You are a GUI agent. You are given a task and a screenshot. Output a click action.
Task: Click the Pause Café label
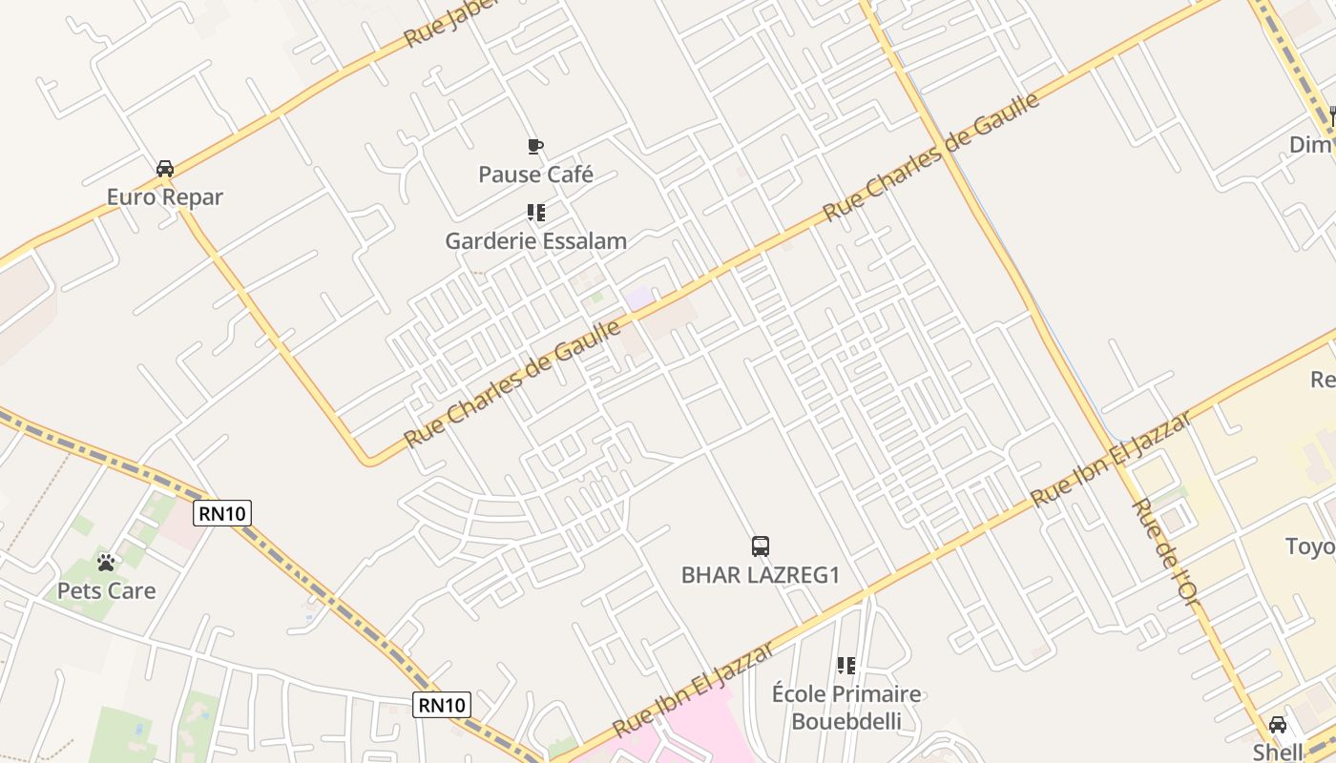[535, 175]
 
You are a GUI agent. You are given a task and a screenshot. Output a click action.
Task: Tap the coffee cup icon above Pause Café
[535, 146]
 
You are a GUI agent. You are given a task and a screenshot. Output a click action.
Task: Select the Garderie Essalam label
[535, 240]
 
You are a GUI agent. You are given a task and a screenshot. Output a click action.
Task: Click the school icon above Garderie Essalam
[535, 212]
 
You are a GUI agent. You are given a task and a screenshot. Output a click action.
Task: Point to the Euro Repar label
[164, 197]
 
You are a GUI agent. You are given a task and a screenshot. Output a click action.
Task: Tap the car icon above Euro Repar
[164, 169]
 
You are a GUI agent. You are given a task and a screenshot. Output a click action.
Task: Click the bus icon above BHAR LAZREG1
[760, 546]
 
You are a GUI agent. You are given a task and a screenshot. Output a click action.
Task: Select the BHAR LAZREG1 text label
[760, 575]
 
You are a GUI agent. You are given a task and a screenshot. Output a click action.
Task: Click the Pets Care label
[106, 590]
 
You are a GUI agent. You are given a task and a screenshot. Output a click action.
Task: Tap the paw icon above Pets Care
[106, 563]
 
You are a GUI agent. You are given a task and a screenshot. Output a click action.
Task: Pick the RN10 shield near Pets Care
[222, 513]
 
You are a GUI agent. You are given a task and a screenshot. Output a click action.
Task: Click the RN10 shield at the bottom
[443, 705]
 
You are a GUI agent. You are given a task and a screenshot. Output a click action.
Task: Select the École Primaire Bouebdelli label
[845, 707]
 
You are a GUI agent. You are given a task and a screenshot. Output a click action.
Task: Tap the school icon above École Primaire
[845, 665]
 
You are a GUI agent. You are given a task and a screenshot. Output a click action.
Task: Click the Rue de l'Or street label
[1164, 550]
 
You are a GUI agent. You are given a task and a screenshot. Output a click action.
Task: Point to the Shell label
[1277, 752]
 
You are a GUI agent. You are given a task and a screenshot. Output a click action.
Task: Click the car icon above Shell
[1277, 725]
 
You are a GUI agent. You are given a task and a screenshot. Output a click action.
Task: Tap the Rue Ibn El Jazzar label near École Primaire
[693, 689]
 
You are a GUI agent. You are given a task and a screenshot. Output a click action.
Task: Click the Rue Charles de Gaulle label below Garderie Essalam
[512, 384]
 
